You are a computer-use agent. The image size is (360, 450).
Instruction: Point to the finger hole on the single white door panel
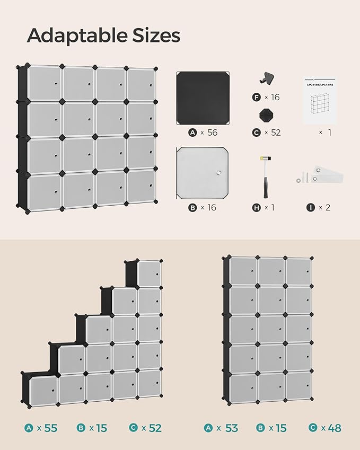pos(217,172)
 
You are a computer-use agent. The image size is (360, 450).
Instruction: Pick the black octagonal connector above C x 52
pos(265,115)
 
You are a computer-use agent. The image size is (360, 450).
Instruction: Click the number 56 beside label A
pos(212,133)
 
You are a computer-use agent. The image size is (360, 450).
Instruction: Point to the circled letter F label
pos(257,97)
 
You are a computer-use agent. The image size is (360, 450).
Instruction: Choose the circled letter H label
pos(257,207)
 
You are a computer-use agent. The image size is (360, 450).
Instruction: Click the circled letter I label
pos(310,207)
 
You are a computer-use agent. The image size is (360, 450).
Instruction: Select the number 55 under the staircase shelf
pos(50,428)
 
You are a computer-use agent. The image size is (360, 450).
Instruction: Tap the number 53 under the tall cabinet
pos(231,428)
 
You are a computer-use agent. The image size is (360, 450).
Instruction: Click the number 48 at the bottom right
pos(335,428)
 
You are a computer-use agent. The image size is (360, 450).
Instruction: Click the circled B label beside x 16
pos(192,207)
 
